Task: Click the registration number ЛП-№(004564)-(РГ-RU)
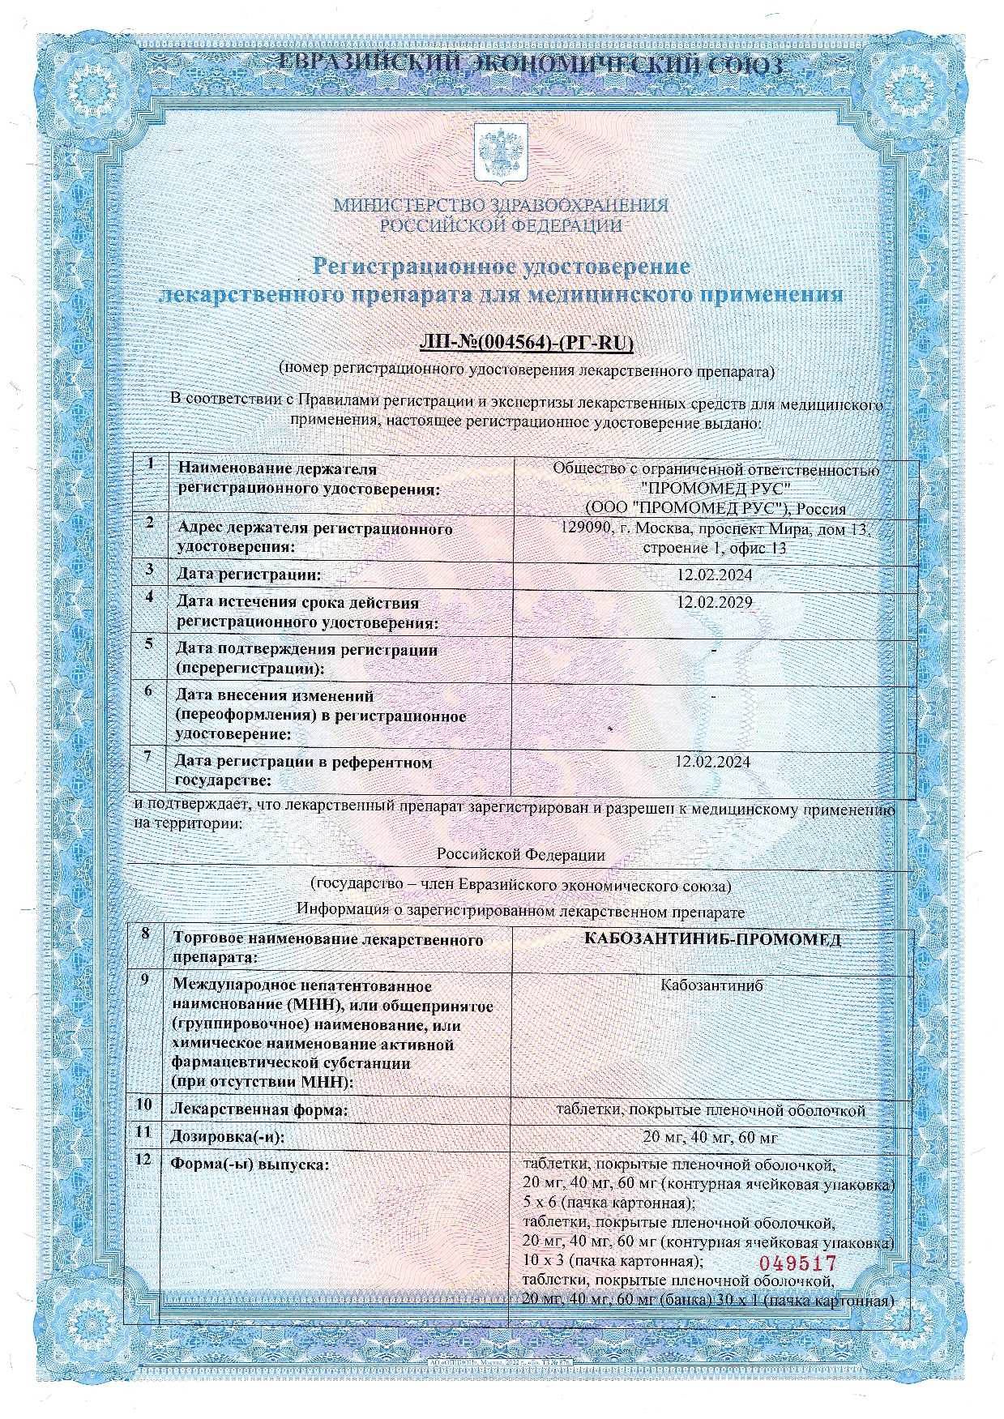[526, 343]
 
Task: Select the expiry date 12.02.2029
[714, 602]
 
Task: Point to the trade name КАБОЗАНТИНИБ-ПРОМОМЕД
[712, 939]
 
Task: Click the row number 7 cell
[148, 757]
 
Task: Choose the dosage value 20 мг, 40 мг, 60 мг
[710, 1137]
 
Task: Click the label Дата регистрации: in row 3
[249, 575]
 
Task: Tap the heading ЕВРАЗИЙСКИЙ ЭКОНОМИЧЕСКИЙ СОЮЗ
[531, 63]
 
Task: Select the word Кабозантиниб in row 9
[711, 985]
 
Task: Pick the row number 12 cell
[143, 1160]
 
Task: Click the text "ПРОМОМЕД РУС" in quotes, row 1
[716, 488]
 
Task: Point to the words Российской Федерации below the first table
[520, 854]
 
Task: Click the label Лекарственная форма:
[258, 1109]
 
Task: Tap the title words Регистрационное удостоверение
[502, 266]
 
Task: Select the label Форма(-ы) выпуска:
[249, 1164]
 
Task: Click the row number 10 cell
[143, 1104]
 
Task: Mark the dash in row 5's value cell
[713, 650]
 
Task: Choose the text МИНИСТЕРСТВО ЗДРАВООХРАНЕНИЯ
[501, 205]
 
